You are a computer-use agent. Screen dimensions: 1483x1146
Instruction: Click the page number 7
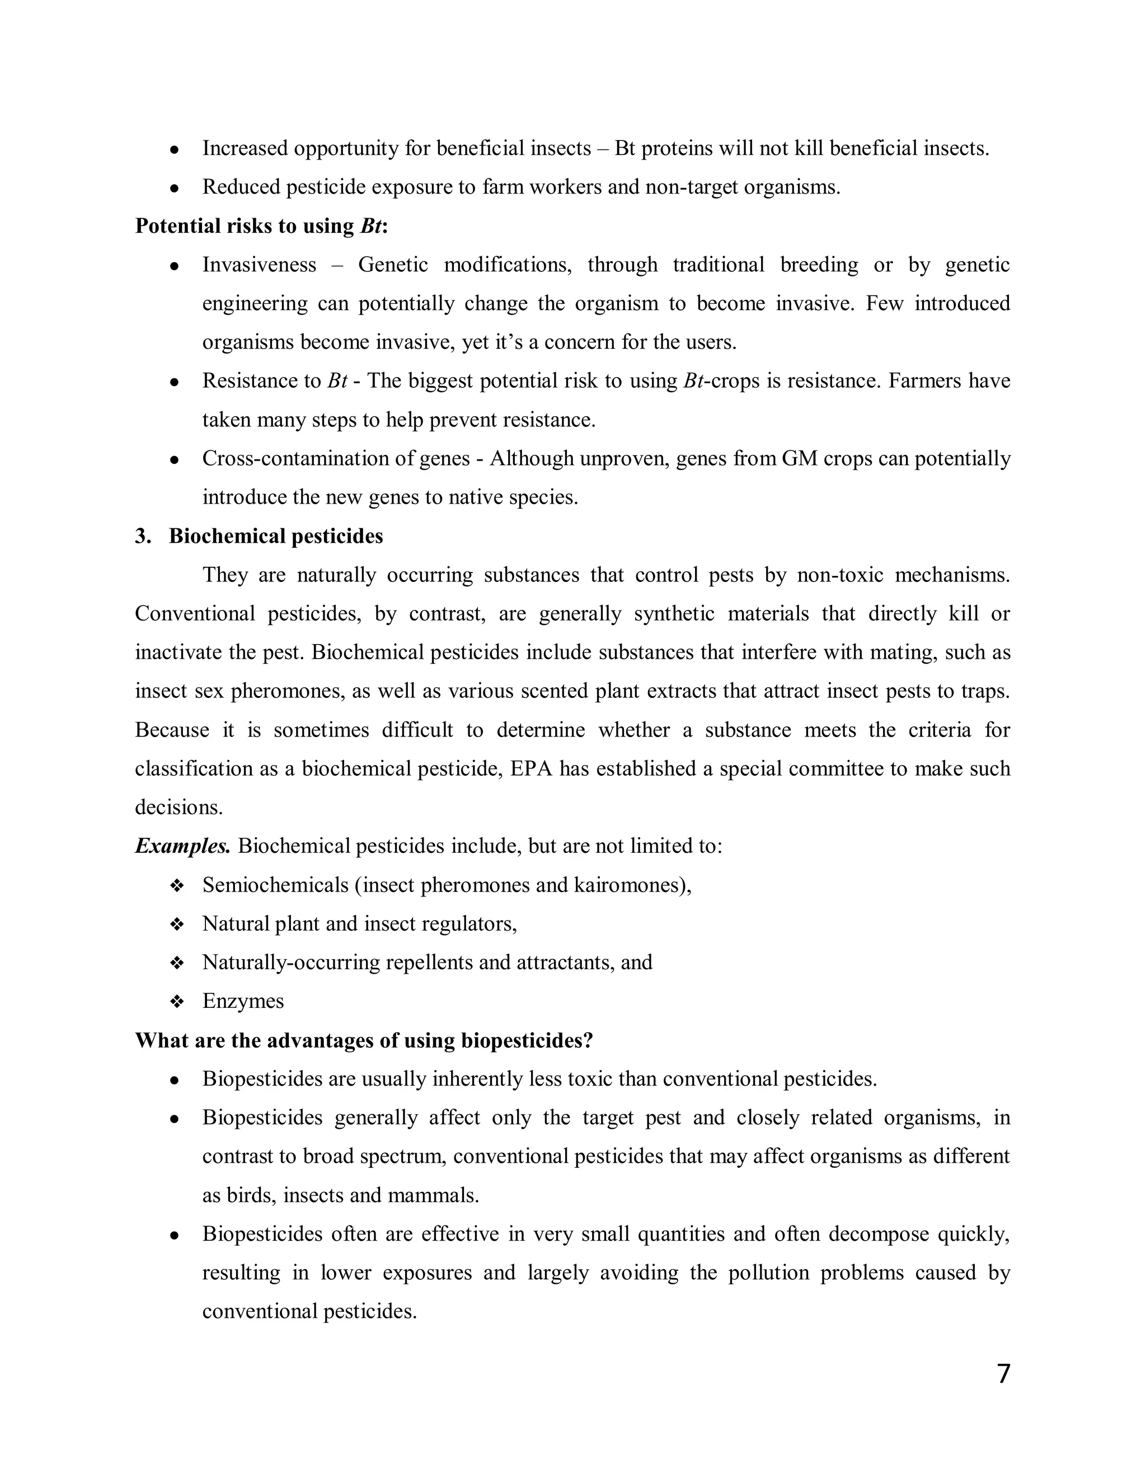[1003, 1373]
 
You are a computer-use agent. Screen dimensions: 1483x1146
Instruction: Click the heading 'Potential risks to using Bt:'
[261, 226]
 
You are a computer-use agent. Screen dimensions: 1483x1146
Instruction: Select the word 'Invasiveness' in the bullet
[259, 265]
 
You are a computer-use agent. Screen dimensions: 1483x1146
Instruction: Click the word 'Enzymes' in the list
[243, 1001]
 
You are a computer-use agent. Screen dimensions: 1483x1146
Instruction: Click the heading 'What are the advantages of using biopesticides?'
[364, 1040]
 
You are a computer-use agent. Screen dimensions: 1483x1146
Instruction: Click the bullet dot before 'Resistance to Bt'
[175, 382]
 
